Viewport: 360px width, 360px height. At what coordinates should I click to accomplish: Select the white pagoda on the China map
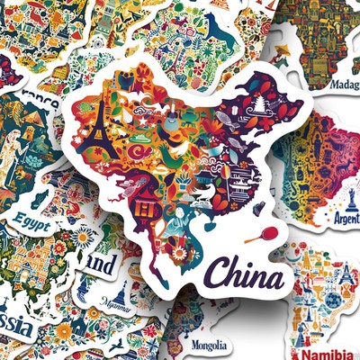coord(259,105)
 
